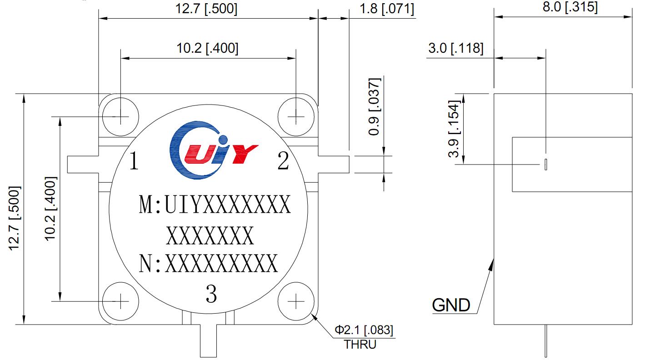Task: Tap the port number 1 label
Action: click(134, 161)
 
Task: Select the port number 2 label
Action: click(283, 161)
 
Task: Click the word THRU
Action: click(360, 345)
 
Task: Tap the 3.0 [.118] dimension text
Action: click(455, 48)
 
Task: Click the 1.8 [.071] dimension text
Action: click(386, 9)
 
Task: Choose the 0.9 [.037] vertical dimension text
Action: click(374, 107)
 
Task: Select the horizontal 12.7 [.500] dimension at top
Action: click(207, 9)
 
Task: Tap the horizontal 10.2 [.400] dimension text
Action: click(207, 48)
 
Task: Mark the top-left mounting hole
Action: click(120, 117)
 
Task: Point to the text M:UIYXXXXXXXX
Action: click(215, 205)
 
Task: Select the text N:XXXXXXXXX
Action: click(208, 264)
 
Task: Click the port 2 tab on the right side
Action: click(334, 164)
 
